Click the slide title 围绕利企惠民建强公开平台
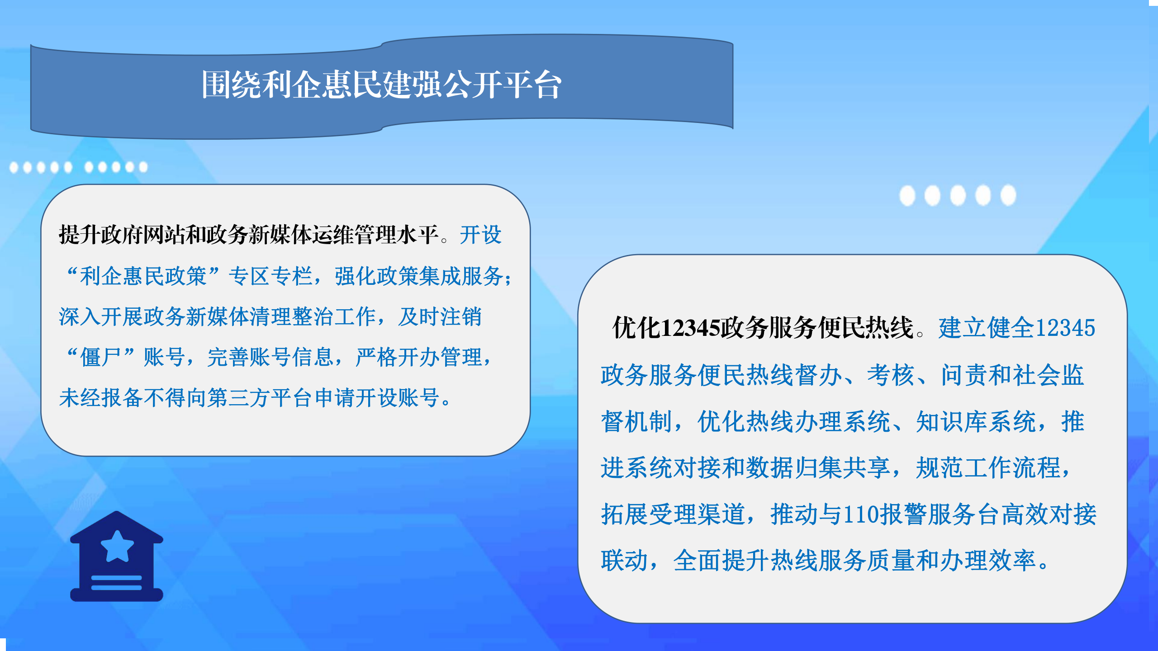(x=381, y=85)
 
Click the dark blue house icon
(x=117, y=556)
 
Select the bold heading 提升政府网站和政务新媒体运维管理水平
(x=249, y=235)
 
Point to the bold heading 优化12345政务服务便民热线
(x=763, y=327)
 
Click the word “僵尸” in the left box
(x=101, y=357)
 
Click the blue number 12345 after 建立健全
(x=1065, y=327)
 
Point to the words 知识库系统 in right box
(x=976, y=421)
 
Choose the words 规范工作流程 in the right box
(x=988, y=467)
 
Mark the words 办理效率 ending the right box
(x=988, y=561)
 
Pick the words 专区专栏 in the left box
(x=271, y=276)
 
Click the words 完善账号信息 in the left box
(x=271, y=357)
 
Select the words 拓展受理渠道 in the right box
(x=673, y=514)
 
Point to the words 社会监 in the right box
(x=1049, y=375)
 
